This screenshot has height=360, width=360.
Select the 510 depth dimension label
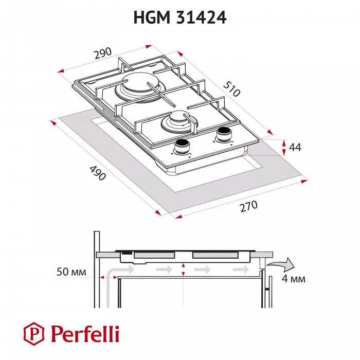click(x=232, y=90)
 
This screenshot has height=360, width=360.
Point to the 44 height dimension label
click(x=295, y=147)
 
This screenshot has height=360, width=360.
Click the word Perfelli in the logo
click(x=84, y=334)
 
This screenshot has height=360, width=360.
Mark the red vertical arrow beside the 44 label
click(x=283, y=147)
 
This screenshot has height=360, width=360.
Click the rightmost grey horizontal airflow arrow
click(x=241, y=269)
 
